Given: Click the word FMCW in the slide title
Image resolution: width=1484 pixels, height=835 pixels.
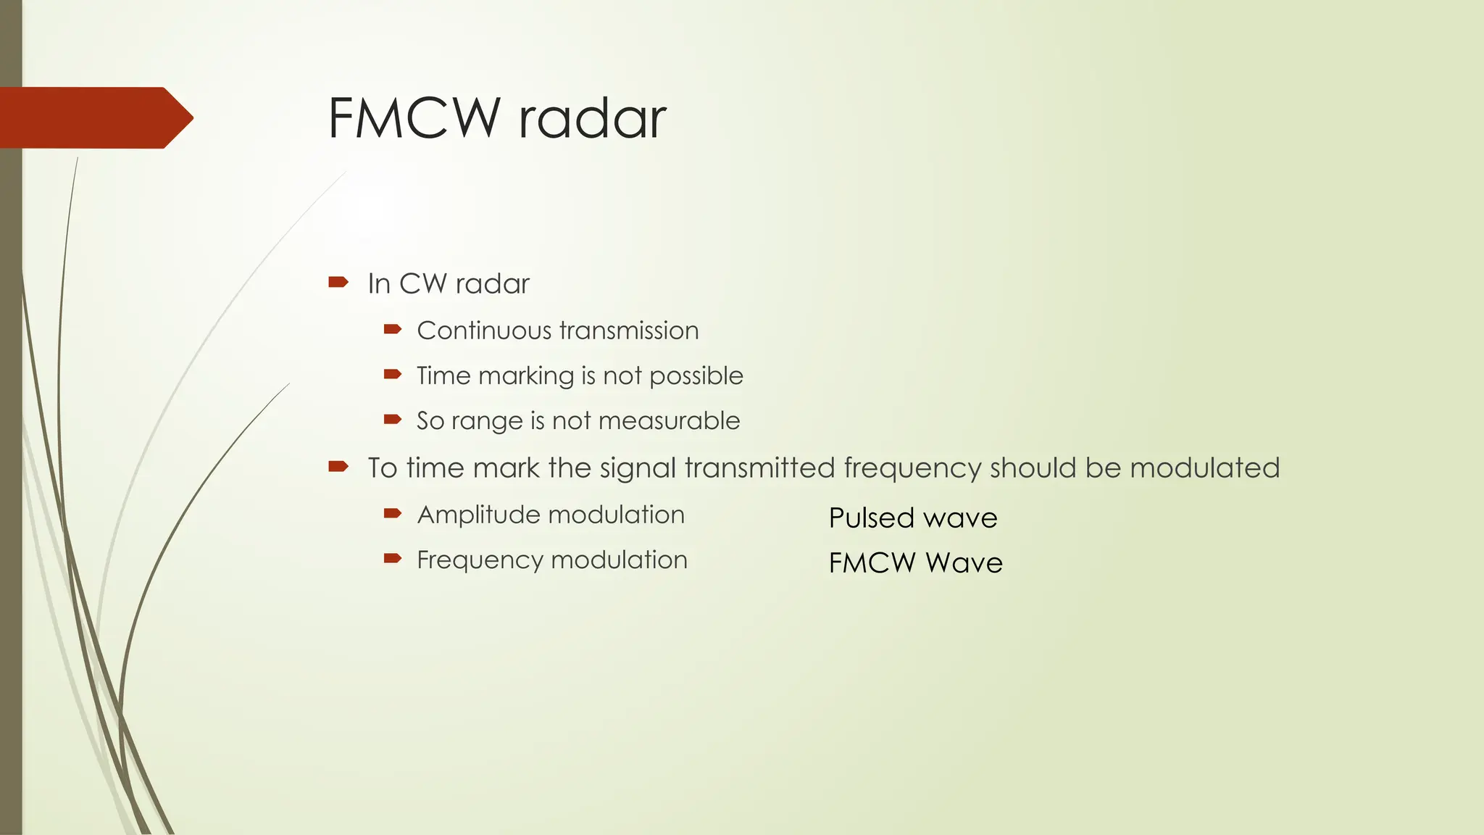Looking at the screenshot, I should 414,117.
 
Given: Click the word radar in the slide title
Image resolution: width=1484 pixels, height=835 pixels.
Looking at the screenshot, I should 592,117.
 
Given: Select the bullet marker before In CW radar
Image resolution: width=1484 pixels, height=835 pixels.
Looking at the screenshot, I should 338,282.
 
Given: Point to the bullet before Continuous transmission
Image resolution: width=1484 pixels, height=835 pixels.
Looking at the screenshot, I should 393,329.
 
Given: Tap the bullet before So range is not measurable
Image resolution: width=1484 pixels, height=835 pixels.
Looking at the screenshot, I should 393,419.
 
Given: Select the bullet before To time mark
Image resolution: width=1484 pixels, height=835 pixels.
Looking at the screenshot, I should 338,466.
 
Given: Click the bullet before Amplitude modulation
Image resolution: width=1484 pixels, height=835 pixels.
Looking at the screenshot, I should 393,513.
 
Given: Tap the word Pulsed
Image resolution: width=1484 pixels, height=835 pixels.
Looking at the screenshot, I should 872,518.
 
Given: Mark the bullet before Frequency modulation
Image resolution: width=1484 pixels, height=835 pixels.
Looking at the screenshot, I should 393,558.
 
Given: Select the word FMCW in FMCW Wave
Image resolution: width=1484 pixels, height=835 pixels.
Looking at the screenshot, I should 872,563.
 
